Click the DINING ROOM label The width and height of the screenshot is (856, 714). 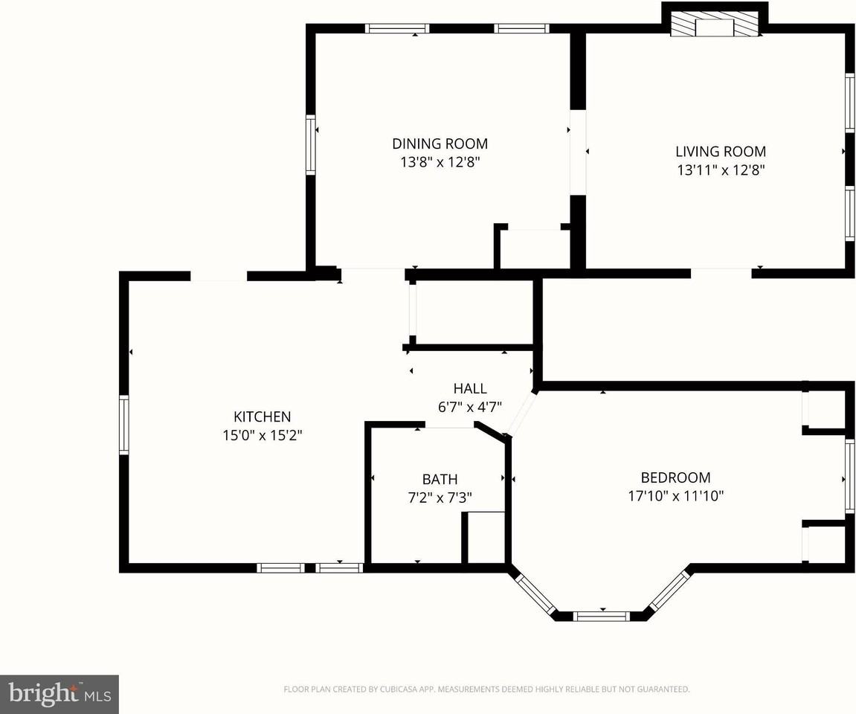click(x=440, y=144)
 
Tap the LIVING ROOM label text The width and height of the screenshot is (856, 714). click(x=720, y=151)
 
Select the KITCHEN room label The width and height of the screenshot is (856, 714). click(x=262, y=416)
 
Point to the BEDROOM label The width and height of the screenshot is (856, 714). click(x=675, y=477)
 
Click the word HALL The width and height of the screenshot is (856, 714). click(x=470, y=388)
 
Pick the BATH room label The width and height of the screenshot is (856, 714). click(x=440, y=479)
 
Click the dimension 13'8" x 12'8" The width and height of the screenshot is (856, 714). click(x=440, y=162)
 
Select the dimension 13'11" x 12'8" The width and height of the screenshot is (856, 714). click(x=720, y=170)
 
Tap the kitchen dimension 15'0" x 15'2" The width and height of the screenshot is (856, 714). click(x=262, y=435)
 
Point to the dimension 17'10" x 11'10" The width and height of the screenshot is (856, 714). click(x=675, y=496)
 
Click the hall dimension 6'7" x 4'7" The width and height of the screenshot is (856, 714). click(x=470, y=407)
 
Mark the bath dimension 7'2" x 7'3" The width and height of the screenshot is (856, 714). click(x=440, y=498)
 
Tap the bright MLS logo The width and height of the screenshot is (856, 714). click(x=59, y=695)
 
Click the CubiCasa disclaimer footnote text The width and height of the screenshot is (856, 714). click(x=486, y=689)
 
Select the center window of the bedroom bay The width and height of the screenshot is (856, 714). click(x=602, y=616)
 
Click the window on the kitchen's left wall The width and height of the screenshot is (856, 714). click(x=124, y=425)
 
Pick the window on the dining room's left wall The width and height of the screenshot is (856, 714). click(x=311, y=144)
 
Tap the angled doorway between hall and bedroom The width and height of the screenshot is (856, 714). click(x=521, y=413)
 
